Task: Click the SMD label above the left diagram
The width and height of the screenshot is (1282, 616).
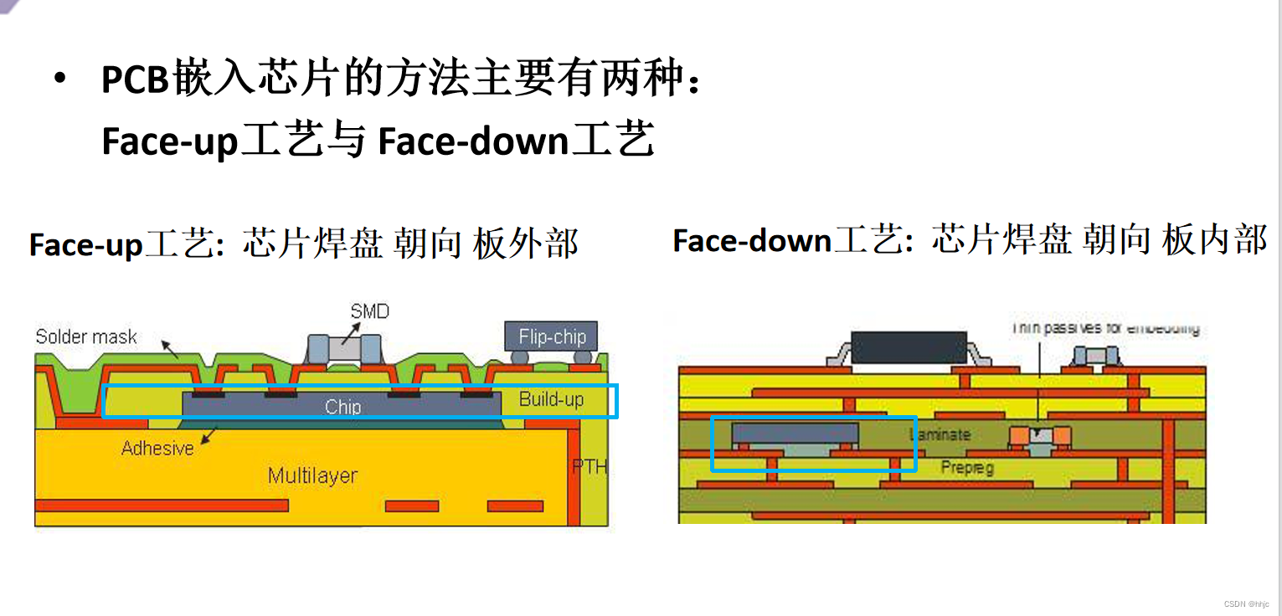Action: tap(370, 311)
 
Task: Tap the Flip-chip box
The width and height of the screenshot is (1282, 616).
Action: tap(551, 336)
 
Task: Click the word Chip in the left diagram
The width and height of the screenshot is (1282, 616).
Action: tap(342, 407)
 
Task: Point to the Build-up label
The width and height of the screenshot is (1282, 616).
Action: tap(551, 398)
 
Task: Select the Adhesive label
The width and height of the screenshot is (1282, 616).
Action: tap(157, 448)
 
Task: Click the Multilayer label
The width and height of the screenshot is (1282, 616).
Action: tap(312, 476)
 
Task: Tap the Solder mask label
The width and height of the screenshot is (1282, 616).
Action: tap(86, 336)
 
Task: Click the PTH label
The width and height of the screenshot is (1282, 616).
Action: tap(590, 466)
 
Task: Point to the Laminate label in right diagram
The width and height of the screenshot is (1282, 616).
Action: tap(940, 434)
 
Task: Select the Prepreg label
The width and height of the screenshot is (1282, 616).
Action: tap(967, 467)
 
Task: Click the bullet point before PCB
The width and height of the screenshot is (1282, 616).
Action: tap(59, 80)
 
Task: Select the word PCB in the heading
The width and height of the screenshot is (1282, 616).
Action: tap(136, 81)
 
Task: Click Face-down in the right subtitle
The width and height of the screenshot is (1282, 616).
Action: tap(752, 241)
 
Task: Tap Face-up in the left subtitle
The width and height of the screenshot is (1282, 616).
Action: tap(86, 244)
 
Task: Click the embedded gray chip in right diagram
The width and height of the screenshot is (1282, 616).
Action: tap(795, 433)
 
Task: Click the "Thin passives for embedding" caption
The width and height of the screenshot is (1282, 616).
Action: tap(1106, 328)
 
